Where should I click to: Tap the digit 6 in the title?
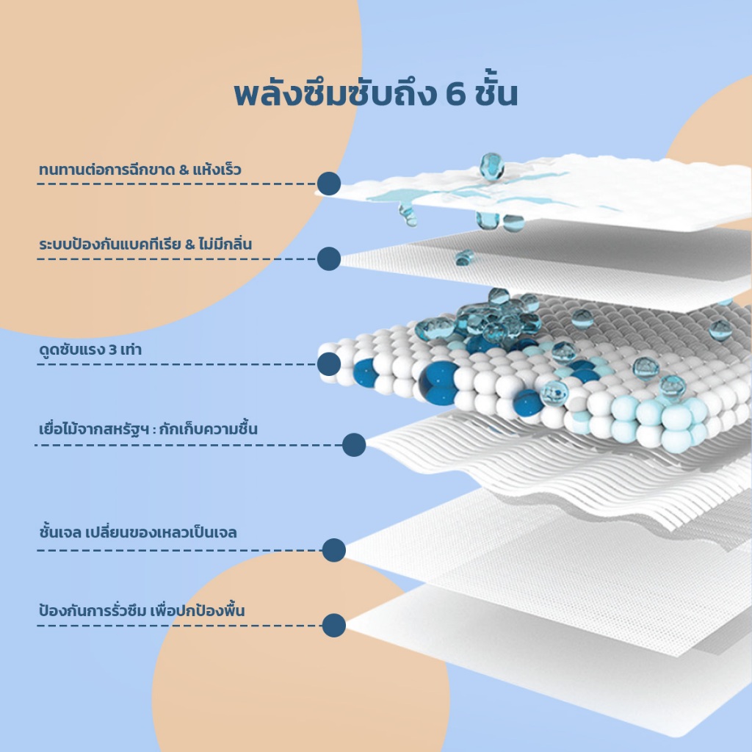click(455, 94)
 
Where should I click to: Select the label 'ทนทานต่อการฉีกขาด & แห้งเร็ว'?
click(140, 169)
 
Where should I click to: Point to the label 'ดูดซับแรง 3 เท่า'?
click(90, 349)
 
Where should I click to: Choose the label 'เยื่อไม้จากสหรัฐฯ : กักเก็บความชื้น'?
click(148, 428)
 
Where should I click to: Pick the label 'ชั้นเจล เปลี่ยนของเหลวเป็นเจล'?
click(138, 532)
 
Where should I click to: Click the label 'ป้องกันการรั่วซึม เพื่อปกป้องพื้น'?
click(142, 610)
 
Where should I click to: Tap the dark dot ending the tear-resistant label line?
click(329, 184)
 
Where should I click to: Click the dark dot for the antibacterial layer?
click(329, 259)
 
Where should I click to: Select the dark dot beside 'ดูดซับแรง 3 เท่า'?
click(329, 364)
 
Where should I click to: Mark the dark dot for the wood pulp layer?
click(355, 445)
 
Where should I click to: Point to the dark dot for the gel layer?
click(334, 550)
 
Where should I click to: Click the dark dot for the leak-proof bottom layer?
click(334, 626)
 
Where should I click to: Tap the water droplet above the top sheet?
click(491, 166)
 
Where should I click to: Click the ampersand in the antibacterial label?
click(190, 245)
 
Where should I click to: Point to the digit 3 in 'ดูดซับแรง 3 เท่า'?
click(112, 350)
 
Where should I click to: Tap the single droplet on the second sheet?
click(464, 258)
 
